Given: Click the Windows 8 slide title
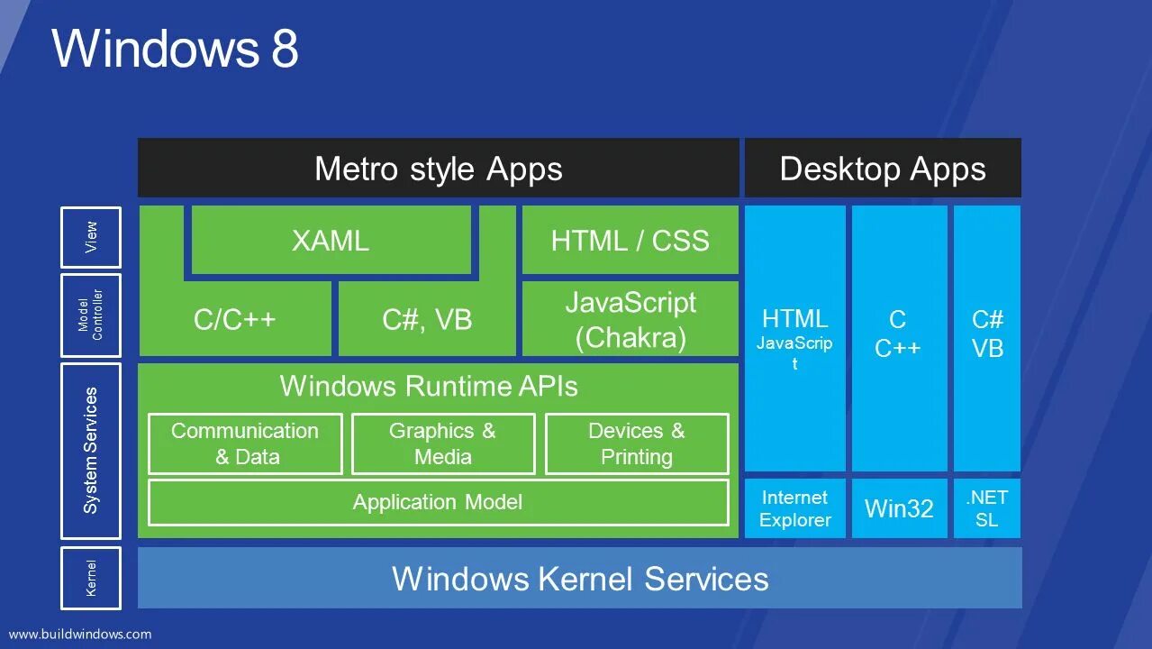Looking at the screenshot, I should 175,49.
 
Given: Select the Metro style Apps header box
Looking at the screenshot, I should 438,169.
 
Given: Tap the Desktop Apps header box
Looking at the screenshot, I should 883,169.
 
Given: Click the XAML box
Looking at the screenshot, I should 331,241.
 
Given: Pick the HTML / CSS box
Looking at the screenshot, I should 630,241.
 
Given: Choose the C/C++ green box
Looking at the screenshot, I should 235,320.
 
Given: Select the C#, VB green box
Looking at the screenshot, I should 427,320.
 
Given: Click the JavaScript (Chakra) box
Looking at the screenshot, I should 630,319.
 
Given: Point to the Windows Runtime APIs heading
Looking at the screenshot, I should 429,386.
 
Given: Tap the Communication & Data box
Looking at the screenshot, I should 245,443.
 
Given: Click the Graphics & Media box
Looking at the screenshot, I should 442,443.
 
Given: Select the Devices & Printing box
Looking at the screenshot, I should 637,443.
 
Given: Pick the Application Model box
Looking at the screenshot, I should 438,502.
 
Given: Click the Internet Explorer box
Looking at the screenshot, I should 794,508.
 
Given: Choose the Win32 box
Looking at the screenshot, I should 899,508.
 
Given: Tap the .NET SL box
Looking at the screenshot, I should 987,508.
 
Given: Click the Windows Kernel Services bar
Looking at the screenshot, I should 580,578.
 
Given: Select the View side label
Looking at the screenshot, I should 91,237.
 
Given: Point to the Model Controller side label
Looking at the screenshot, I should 91,315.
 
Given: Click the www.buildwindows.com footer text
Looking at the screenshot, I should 80,634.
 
